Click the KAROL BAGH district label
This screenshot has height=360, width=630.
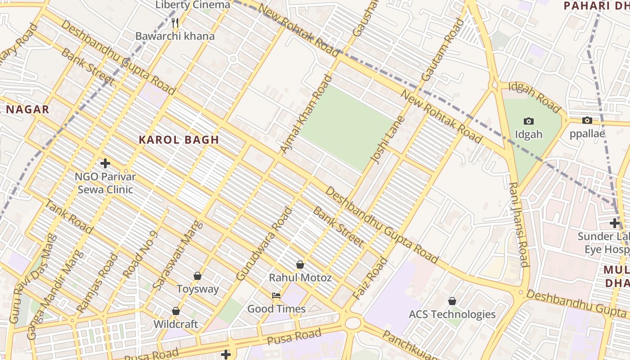[x=179, y=139]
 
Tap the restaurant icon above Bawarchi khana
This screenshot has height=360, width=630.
[x=175, y=22]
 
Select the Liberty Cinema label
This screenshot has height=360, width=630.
[x=193, y=5]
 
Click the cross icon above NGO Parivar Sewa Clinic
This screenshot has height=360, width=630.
[x=105, y=163]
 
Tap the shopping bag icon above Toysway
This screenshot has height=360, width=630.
[x=198, y=275]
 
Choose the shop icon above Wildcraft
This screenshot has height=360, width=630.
[x=176, y=311]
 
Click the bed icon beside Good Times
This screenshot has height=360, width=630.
[x=276, y=296]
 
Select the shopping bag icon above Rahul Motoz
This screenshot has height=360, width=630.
[x=300, y=265]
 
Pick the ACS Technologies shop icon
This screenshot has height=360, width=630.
[x=452, y=301]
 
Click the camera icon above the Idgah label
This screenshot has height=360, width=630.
[x=529, y=121]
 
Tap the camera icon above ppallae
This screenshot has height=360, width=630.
[x=587, y=120]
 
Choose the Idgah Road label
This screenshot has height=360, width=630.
[x=534, y=97]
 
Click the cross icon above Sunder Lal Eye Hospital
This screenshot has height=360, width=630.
[x=615, y=223]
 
